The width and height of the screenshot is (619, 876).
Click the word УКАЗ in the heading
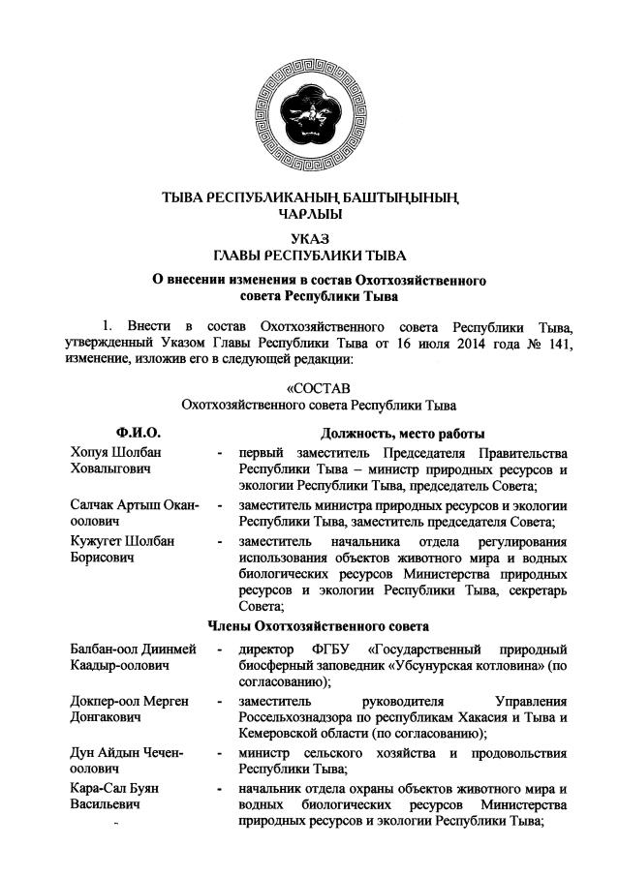pyautogui.click(x=309, y=237)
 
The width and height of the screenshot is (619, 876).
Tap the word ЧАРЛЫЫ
pyautogui.click(x=309, y=214)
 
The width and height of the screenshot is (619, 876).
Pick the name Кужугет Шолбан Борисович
pyautogui.click(x=121, y=549)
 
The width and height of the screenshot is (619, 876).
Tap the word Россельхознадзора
pyautogui.click(x=294, y=717)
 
